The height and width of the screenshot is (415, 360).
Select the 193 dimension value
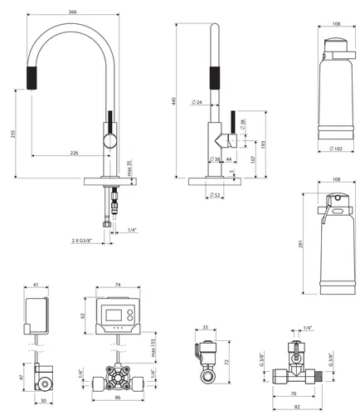pyautogui.click(x=265, y=144)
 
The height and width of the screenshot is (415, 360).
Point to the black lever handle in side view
pyautogui.click(x=234, y=120)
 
